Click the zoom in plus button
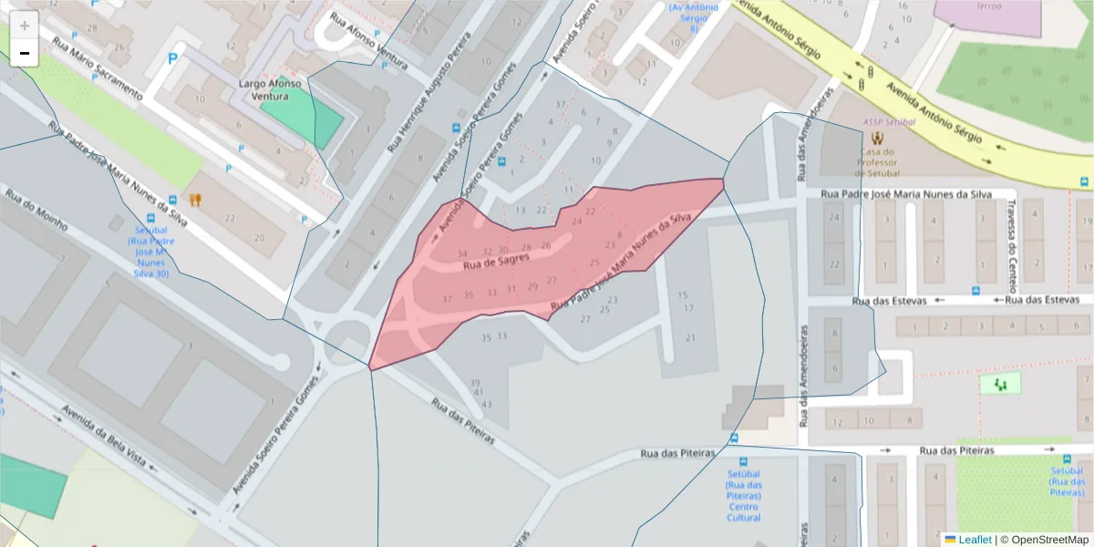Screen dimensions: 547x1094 pos(25,26)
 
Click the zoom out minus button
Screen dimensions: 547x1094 pos(25,53)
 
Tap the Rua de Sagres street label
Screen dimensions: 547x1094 pos(496,263)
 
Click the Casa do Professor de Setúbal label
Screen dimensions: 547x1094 pos(877,162)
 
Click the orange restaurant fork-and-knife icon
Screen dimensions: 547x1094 pos(195,199)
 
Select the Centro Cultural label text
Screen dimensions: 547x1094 pos(743,512)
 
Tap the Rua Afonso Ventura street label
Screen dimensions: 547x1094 pos(368,41)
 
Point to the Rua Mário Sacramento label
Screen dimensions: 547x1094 pos(98,68)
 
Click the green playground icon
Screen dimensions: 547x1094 pos(1000,384)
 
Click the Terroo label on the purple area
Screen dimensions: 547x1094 pos(988,5)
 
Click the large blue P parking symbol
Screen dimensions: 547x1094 pos(172,60)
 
